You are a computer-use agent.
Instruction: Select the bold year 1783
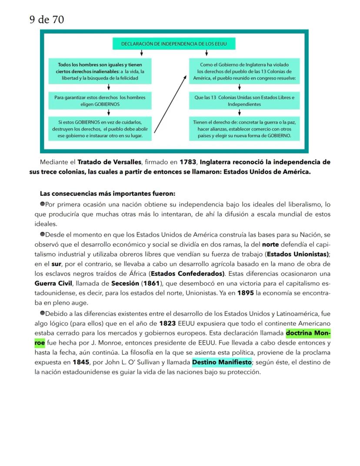(x=187, y=162)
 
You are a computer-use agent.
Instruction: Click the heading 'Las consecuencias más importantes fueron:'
(x=107, y=193)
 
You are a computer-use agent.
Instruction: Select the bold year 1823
(x=167, y=323)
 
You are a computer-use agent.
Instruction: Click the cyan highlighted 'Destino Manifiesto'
(x=222, y=362)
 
